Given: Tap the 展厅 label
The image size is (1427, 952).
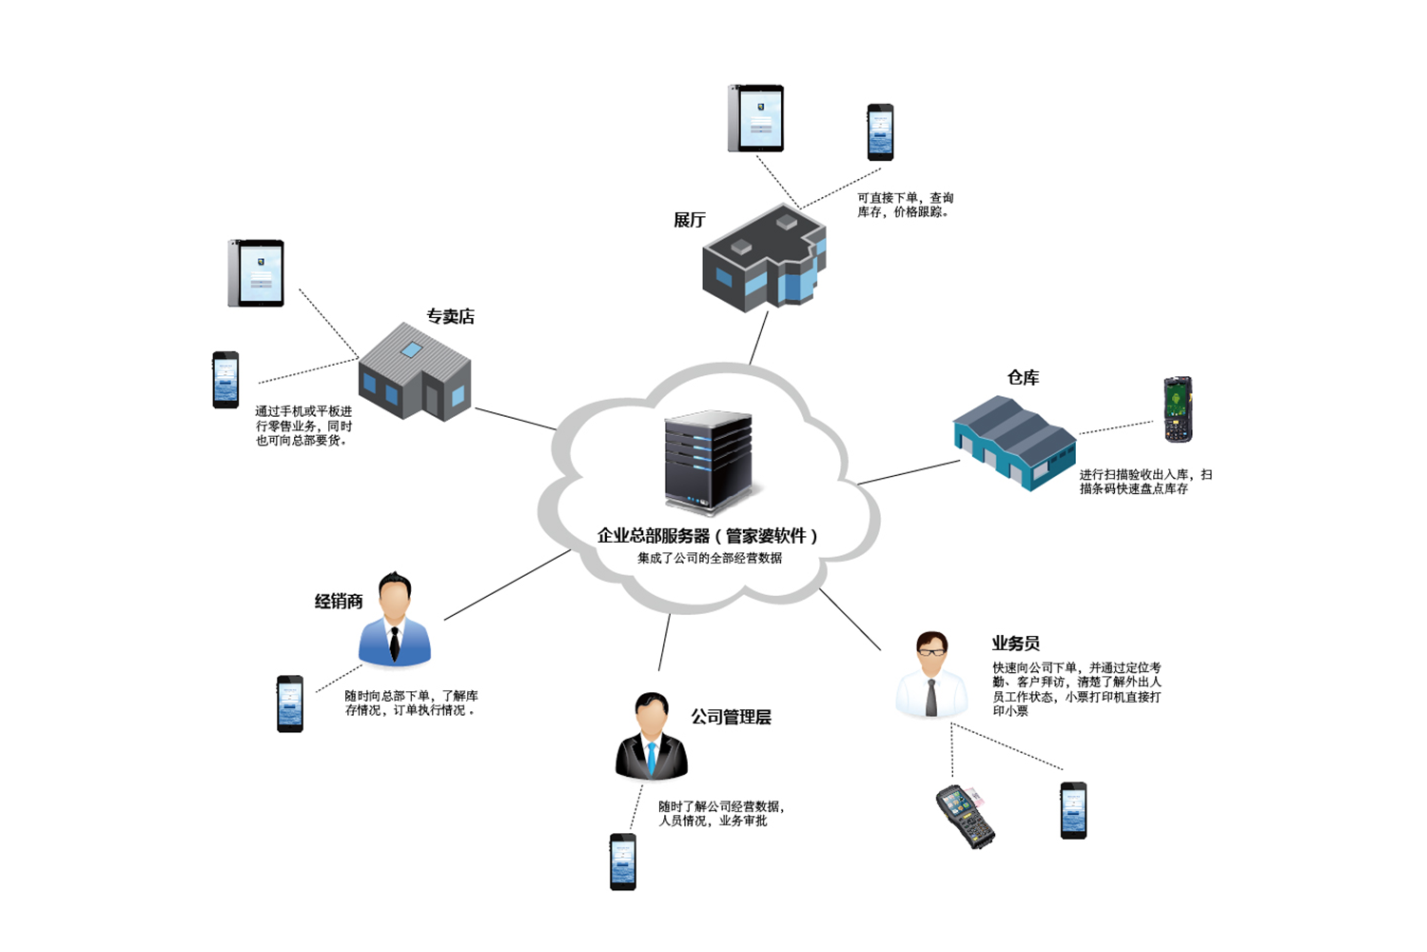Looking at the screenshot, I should (690, 220).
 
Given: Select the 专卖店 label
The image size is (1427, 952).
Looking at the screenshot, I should (450, 316).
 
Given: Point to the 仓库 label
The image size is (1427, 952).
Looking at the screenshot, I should (1023, 377).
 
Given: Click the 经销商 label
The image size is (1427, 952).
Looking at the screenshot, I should (339, 601).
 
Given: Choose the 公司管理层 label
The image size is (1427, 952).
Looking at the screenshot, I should (731, 717).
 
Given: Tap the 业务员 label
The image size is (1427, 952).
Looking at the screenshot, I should (1015, 644).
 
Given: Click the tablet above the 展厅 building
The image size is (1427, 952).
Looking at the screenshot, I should (756, 118).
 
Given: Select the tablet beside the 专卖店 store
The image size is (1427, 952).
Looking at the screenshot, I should (257, 273).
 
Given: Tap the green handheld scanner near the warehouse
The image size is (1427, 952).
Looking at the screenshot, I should (1178, 409).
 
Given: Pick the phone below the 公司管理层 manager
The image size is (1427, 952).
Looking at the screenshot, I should (623, 862).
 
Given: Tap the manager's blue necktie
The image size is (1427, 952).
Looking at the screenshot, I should (652, 758).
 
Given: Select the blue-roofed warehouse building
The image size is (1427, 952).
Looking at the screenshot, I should (1014, 443).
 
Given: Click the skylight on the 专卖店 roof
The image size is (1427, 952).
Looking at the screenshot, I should (411, 349).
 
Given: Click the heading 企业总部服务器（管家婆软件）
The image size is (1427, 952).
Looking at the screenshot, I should (707, 535).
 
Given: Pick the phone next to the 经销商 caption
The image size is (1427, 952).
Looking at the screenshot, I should (290, 704).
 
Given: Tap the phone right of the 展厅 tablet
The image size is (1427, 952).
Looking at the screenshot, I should (880, 132).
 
